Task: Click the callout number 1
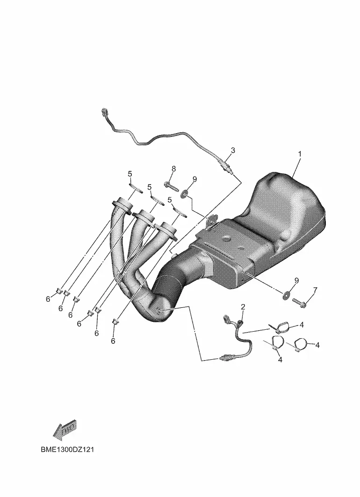pyautogui.click(x=299, y=154)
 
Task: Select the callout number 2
pyautogui.click(x=243, y=307)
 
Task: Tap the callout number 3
pyautogui.click(x=233, y=150)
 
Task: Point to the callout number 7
pyautogui.click(x=315, y=290)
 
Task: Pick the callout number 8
pyautogui.click(x=173, y=169)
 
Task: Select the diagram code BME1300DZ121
pyautogui.click(x=67, y=450)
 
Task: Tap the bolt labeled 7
pyautogui.click(x=299, y=302)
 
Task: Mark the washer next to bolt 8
pyautogui.click(x=184, y=193)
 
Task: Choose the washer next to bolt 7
pyautogui.click(x=287, y=295)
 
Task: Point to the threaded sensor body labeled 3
pyautogui.click(x=226, y=167)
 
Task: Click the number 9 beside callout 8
pyautogui.click(x=194, y=179)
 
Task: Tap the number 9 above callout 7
pyautogui.click(x=296, y=281)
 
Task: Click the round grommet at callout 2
pyautogui.click(x=240, y=322)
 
